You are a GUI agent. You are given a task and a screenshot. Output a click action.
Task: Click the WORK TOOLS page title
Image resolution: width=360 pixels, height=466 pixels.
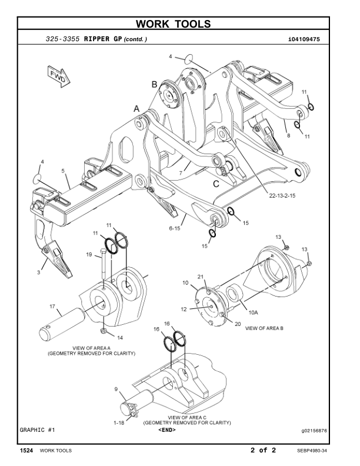[x=179, y=24]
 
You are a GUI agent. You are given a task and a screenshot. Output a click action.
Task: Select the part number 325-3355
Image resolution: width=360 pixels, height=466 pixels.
[x=63, y=39]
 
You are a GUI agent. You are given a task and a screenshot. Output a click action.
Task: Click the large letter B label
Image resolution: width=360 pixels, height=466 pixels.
[x=154, y=85]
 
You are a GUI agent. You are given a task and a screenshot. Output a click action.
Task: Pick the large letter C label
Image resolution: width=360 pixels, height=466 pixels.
[x=216, y=184]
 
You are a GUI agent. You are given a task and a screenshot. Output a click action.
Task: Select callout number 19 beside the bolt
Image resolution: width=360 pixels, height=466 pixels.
[x=90, y=255]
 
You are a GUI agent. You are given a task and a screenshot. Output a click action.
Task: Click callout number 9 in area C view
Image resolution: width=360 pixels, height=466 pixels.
[x=116, y=389]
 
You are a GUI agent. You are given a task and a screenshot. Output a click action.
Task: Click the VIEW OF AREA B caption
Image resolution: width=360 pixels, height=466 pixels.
[x=264, y=328]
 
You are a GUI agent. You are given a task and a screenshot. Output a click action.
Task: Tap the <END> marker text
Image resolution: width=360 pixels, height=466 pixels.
[x=167, y=430]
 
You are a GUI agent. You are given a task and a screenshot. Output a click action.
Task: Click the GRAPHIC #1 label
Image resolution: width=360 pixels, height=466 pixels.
[x=38, y=430]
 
